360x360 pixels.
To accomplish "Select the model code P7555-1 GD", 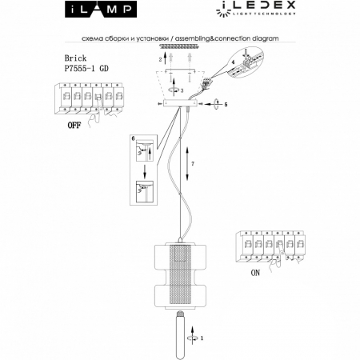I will [86, 69].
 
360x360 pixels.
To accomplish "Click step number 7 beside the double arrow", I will [194, 162].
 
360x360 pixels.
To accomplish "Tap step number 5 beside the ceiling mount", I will [226, 104].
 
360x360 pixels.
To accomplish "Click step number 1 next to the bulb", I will [201, 338].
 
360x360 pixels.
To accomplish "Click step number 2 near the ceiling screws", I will [160, 59].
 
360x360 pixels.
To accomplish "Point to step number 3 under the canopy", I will [183, 92].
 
